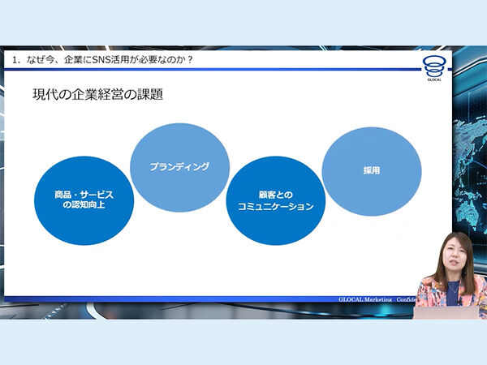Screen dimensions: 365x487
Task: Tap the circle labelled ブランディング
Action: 179,167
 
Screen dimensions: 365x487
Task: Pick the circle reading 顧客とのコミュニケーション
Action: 275,201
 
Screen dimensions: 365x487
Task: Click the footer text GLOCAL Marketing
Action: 364,299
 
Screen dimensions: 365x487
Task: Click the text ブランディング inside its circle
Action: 179,166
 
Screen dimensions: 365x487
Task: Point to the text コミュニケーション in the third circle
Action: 275,208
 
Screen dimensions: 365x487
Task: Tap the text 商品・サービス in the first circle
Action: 84,195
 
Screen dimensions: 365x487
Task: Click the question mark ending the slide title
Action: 189,60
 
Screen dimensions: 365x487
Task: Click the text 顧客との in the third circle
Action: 275,195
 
